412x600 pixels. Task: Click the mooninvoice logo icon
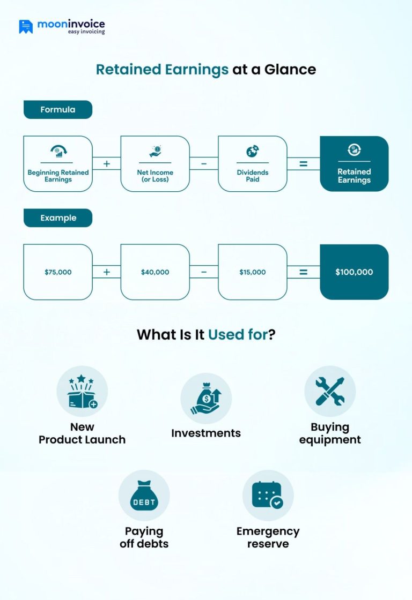click(x=26, y=27)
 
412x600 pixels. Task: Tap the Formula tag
click(x=58, y=110)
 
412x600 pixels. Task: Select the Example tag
click(x=58, y=218)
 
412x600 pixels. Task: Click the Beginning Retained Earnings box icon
click(x=58, y=151)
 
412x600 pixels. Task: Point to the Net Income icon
click(x=155, y=151)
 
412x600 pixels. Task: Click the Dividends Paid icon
click(x=252, y=151)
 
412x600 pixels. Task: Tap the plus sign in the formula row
click(x=106, y=163)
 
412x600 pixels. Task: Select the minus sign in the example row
click(x=204, y=272)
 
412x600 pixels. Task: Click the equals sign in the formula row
click(x=303, y=163)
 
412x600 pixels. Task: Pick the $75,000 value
click(x=58, y=272)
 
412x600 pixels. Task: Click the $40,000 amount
click(x=155, y=272)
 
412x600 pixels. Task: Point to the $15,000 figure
click(x=252, y=272)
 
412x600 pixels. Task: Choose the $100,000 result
click(x=354, y=272)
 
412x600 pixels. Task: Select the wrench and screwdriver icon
click(x=329, y=391)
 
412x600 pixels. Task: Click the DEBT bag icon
click(x=144, y=496)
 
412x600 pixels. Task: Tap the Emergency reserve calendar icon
click(x=268, y=496)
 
